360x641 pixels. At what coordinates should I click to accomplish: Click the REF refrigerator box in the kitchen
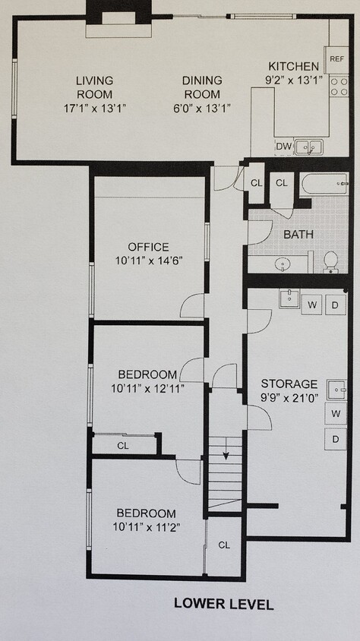tap(336, 58)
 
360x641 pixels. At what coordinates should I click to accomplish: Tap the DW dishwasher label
tap(284, 147)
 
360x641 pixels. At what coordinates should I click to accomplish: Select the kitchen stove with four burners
tap(339, 86)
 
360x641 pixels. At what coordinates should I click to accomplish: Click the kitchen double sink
tap(308, 147)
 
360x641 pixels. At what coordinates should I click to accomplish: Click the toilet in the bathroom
tap(331, 261)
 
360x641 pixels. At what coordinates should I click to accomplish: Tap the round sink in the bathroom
tap(283, 265)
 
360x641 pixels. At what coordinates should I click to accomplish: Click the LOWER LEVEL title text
tap(223, 605)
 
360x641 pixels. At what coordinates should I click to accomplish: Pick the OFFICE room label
tap(148, 247)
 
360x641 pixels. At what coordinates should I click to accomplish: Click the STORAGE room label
tap(289, 384)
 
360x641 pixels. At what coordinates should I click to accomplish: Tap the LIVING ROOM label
tap(94, 87)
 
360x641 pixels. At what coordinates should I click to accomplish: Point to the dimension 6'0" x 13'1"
tap(201, 108)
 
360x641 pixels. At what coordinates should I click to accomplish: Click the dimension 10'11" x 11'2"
tap(144, 526)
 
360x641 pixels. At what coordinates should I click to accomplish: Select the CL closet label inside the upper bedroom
tap(123, 446)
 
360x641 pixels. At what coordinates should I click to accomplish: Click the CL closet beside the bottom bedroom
tap(224, 545)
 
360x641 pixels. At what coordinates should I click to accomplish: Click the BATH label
tap(298, 234)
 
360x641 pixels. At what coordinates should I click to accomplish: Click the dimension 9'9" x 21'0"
tap(289, 397)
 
